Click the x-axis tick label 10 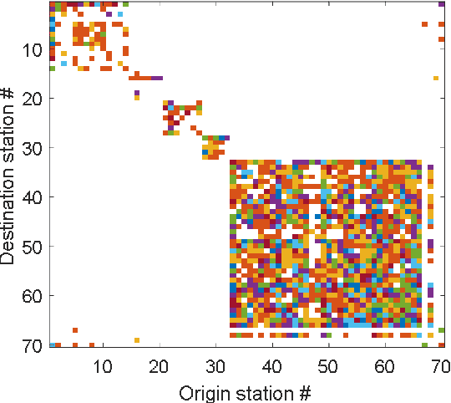(103, 366)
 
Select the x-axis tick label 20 (160, 366)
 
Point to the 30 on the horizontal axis (215, 366)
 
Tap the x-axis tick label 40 (272, 366)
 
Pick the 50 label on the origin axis (328, 366)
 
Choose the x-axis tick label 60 (385, 366)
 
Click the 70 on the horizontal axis (441, 366)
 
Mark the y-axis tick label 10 (34, 50)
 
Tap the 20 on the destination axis (34, 99)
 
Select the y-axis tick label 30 (34, 149)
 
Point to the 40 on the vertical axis (34, 197)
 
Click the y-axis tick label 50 (34, 247)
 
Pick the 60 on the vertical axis (34, 296)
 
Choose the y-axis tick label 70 (34, 344)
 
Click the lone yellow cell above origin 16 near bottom (137, 340)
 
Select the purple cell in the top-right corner (441, 4)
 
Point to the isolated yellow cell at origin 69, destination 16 (435, 78)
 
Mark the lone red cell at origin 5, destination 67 (75, 330)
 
